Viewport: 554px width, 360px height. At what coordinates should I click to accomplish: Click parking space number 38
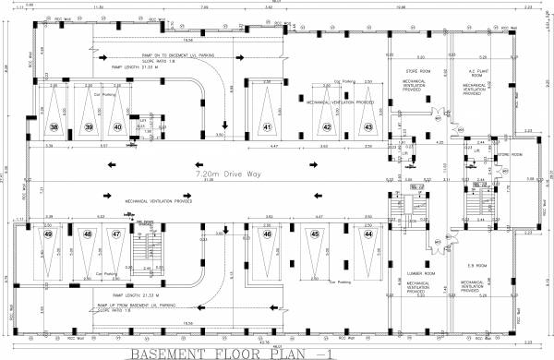[x=54, y=126]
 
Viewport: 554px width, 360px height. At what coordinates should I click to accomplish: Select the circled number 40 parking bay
[x=117, y=126]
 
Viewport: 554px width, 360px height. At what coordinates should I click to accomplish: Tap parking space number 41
[x=267, y=126]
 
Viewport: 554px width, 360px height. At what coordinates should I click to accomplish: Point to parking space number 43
[x=367, y=126]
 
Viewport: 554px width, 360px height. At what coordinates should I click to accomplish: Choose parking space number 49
[x=48, y=234]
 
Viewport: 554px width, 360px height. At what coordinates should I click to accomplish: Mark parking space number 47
[x=117, y=234]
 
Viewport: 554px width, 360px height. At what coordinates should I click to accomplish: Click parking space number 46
[x=267, y=234]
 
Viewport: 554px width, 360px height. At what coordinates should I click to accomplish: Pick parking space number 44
[x=367, y=234]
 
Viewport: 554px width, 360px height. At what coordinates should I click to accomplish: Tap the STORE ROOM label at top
[x=420, y=71]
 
